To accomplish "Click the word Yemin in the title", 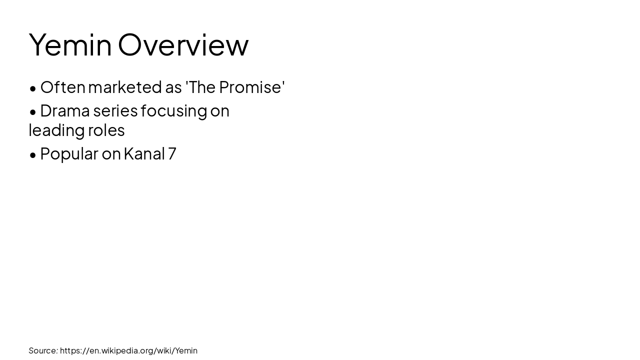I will pyautogui.click(x=70, y=45).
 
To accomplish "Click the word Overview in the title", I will pyautogui.click(x=183, y=45).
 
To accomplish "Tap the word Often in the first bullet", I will pyautogui.click(x=62, y=87).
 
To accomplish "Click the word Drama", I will pyautogui.click(x=65, y=110).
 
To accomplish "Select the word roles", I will pyautogui.click(x=106, y=130).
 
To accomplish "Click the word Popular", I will pyautogui.click(x=69, y=154).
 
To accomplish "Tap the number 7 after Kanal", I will pyautogui.click(x=172, y=153).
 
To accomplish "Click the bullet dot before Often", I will pyautogui.click(x=33, y=88).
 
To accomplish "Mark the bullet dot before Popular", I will pyautogui.click(x=33, y=155).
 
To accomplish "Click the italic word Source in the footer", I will pyautogui.click(x=43, y=350).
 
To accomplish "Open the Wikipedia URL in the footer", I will pyautogui.click(x=128, y=350).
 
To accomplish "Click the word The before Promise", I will pyautogui.click(x=201, y=87).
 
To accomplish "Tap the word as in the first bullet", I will pyautogui.click(x=173, y=87).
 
